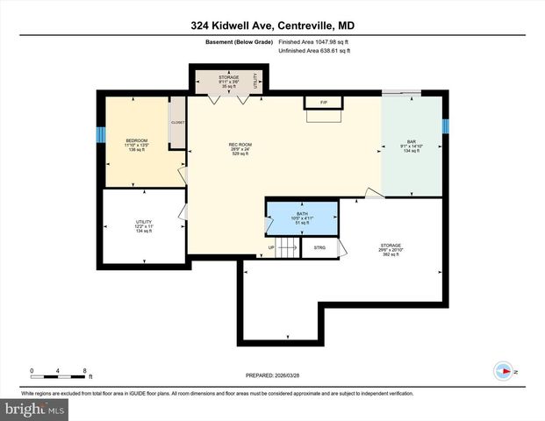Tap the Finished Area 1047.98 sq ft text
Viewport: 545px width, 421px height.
tap(314, 41)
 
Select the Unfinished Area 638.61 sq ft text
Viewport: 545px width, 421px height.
tap(314, 52)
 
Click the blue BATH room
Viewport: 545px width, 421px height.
tap(301, 218)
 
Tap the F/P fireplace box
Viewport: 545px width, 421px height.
tap(323, 103)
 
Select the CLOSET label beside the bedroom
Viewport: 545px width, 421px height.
tap(177, 123)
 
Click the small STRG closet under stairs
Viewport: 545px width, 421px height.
tap(319, 248)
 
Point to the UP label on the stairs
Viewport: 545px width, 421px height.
tap(271, 248)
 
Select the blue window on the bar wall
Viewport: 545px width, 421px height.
tap(446, 126)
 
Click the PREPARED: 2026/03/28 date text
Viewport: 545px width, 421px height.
tap(272, 375)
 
